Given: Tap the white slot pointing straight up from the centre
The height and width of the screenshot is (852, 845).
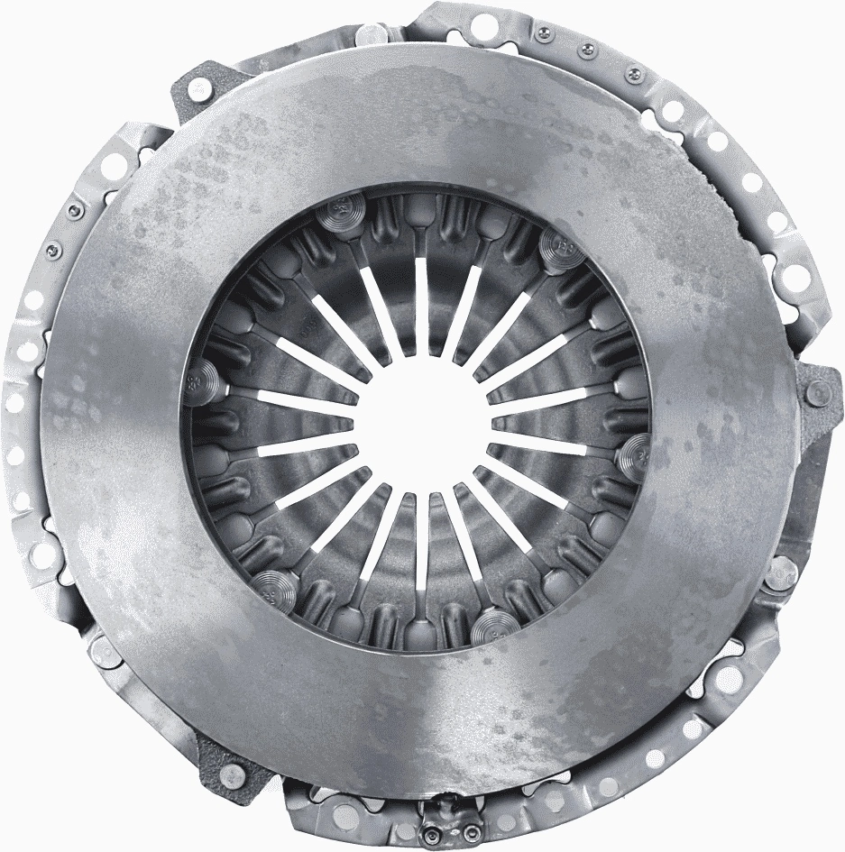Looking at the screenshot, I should point(421,307).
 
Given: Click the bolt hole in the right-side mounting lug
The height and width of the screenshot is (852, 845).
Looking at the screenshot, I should point(819,392).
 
